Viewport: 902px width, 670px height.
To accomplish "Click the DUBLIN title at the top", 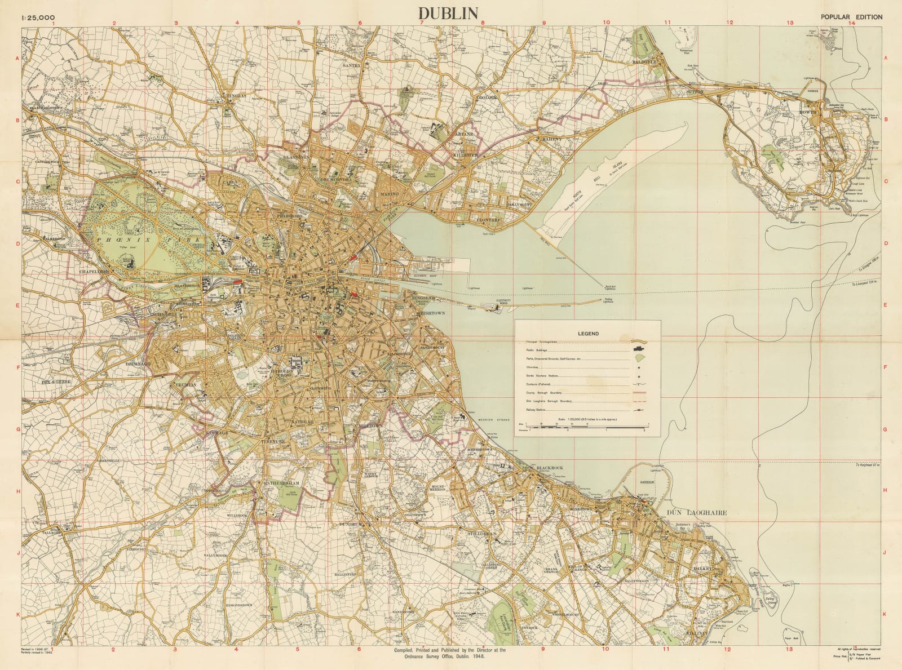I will pos(448,14).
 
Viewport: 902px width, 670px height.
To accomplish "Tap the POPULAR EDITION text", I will pos(851,17).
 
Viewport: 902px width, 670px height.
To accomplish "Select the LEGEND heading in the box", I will pos(588,334).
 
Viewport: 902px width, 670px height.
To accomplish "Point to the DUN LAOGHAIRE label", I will pos(696,513).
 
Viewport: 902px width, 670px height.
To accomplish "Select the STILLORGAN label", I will pos(481,533).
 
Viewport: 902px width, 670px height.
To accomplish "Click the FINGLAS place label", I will pos(236,96).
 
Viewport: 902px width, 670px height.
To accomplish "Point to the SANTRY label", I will pos(351,66).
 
